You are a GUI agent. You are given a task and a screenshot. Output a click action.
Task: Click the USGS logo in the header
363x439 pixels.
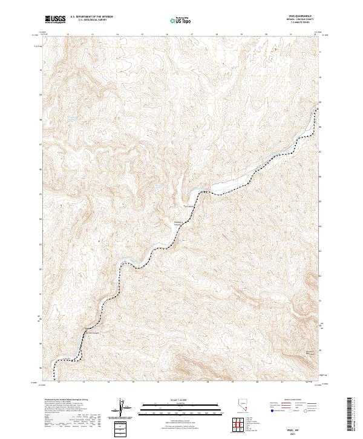point(56,20)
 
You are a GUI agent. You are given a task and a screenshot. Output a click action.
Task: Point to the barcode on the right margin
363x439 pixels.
point(351,414)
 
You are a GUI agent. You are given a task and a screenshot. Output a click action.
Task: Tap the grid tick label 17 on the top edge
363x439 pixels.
point(192,35)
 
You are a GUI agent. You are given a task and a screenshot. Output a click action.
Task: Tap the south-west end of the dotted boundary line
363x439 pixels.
point(55,369)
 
